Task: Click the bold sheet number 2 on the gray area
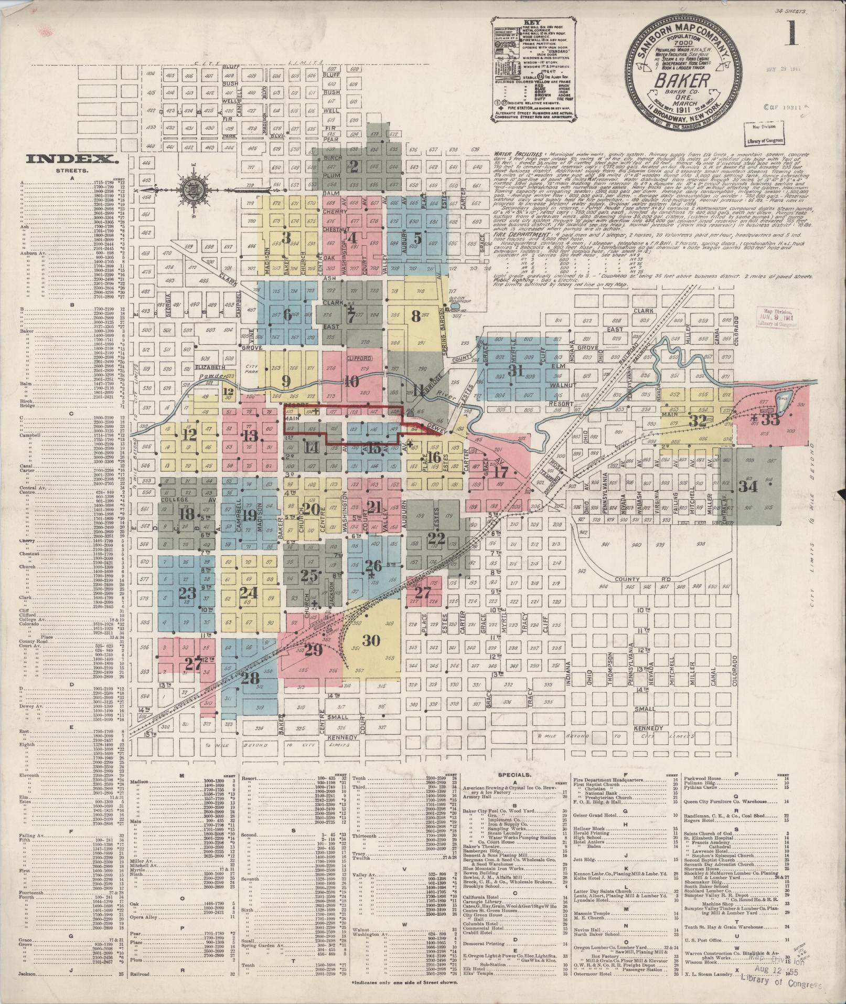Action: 354,167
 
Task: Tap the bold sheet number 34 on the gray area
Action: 748,486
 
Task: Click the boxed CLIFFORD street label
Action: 359,358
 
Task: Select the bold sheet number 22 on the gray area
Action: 436,537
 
